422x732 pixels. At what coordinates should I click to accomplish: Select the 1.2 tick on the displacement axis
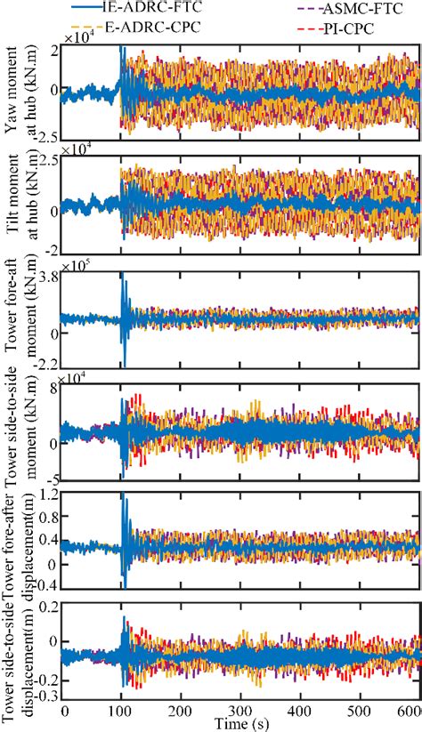click(x=48, y=494)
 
